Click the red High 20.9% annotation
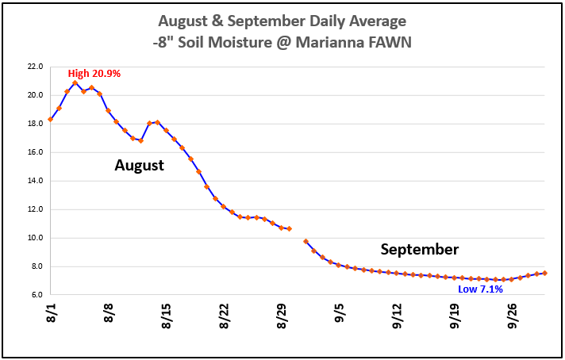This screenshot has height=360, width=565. tap(94, 74)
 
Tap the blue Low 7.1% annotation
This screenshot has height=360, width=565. tap(480, 289)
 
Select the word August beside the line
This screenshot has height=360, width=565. tap(139, 166)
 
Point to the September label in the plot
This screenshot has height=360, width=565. tap(419, 250)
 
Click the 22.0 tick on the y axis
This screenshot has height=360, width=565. tap(35, 67)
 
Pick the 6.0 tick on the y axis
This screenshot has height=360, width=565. tap(37, 295)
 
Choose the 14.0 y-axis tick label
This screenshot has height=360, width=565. tap(35, 181)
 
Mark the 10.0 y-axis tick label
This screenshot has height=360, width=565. tap(35, 238)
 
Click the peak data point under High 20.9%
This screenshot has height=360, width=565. tap(75, 82)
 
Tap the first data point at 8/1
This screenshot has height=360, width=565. tap(51, 120)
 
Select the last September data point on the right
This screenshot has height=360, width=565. tap(544, 273)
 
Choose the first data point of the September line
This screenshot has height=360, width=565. tap(306, 241)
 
